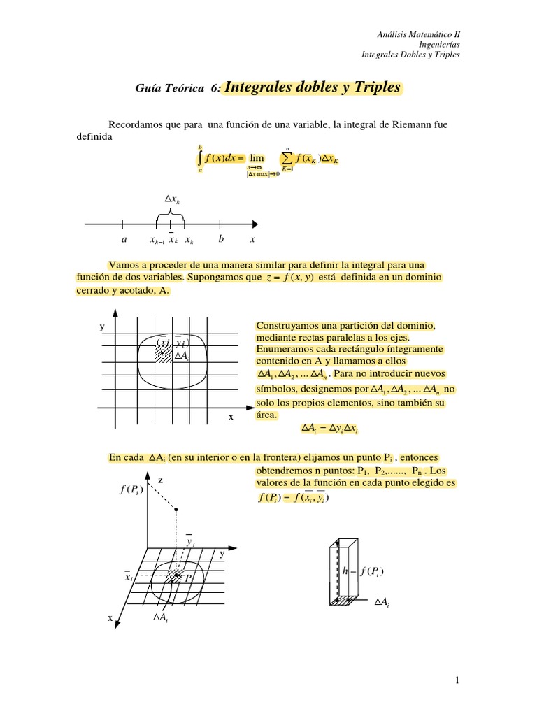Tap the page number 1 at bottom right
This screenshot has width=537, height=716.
click(x=455, y=680)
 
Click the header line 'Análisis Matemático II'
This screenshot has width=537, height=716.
click(x=419, y=34)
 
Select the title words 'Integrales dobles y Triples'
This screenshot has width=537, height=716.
click(x=313, y=88)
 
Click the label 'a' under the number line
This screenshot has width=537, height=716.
click(x=124, y=239)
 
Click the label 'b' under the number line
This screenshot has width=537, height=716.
click(x=220, y=239)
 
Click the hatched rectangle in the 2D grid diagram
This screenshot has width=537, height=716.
click(x=162, y=353)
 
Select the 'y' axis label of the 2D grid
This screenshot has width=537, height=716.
click(x=102, y=327)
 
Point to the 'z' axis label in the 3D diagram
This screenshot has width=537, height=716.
click(x=160, y=481)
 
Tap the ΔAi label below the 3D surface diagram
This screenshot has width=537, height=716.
click(x=159, y=617)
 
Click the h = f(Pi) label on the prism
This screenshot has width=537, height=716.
click(x=363, y=571)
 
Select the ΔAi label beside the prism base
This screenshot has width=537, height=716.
click(x=382, y=601)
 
